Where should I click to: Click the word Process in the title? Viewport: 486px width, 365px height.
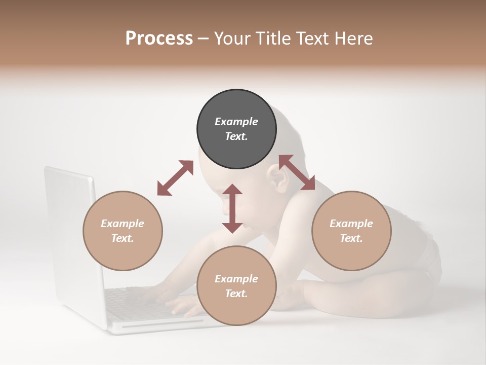[x=159, y=39]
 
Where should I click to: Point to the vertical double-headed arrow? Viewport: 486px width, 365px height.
[x=232, y=208]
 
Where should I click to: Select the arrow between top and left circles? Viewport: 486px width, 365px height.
[x=175, y=178]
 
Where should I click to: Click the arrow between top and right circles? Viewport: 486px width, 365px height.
[x=297, y=172]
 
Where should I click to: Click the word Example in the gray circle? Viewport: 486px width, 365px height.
[x=236, y=122]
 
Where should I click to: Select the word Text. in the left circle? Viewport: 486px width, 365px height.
[x=123, y=238]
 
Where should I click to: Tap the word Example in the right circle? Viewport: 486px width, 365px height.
[x=351, y=224]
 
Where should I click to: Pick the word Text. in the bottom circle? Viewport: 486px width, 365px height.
[x=236, y=294]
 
